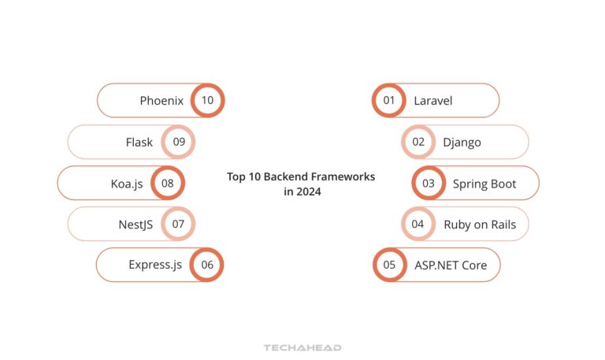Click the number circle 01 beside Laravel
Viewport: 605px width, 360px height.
[x=388, y=101]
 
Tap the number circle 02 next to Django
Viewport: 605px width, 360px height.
[x=418, y=143]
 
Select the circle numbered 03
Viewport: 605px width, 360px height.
[x=429, y=184]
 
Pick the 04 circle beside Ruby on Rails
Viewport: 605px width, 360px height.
[x=418, y=225]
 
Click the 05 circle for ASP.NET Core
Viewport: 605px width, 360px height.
[x=389, y=265]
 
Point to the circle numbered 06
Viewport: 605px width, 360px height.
[x=207, y=265]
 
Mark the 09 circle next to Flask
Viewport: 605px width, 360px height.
[x=178, y=143]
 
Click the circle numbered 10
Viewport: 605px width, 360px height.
[x=207, y=101]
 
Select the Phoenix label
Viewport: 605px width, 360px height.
[x=161, y=101]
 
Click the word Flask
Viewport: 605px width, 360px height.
[x=139, y=143]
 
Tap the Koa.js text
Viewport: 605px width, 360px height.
[x=127, y=184]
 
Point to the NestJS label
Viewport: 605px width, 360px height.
[x=135, y=225]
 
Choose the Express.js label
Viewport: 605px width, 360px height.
[x=155, y=265]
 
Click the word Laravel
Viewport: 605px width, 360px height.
[x=432, y=101]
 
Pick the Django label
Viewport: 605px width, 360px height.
[x=462, y=143]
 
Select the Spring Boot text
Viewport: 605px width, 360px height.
[x=484, y=184]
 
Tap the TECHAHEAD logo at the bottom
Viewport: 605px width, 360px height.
[x=302, y=347]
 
